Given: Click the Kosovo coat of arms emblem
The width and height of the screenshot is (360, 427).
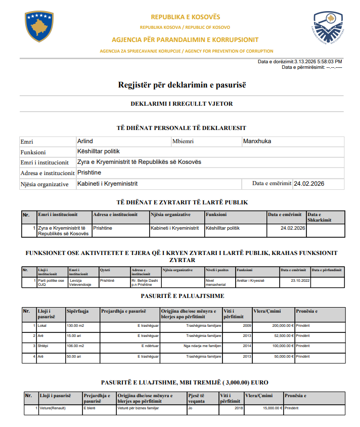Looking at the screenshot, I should point(39,26).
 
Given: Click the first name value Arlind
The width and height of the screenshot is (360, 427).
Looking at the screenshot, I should point(85,141).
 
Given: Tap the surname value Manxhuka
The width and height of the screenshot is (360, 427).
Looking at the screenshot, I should point(257,141).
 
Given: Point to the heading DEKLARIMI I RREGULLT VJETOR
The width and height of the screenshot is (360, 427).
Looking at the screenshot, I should point(182,104).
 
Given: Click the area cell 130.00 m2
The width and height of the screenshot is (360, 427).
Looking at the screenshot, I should point(76,326).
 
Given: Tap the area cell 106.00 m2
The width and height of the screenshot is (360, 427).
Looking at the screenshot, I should point(76,346).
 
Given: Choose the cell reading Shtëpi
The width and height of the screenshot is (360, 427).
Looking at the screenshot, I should point(42,346).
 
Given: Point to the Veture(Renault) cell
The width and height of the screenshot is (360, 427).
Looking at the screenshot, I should point(53,407).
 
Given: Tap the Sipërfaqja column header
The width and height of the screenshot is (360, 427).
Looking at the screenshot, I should point(78,311).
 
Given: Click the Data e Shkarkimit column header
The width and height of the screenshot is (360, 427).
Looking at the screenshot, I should point(319,217).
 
